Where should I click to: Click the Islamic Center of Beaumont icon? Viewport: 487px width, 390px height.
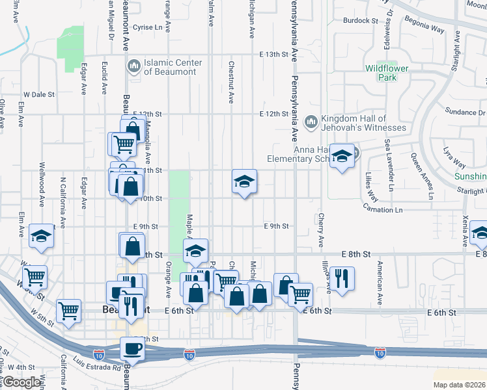tap(134, 65)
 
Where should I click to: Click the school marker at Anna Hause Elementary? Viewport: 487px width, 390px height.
tap(341, 157)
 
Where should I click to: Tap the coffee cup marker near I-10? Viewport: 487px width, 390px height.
tap(132, 348)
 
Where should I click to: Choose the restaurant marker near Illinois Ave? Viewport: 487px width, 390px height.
tap(342, 279)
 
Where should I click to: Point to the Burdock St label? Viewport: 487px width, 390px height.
tap(361, 21)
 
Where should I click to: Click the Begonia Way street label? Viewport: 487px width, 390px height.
tap(428, 30)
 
